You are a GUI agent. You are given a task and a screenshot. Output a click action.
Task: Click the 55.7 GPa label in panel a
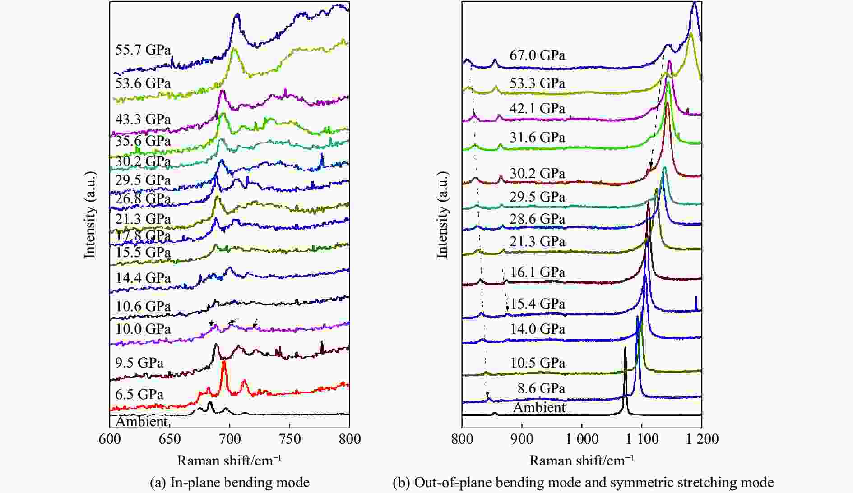[x=143, y=49]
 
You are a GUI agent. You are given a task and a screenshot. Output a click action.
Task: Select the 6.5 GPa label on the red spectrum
[x=139, y=394]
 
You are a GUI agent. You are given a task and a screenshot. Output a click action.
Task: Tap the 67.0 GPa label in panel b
[x=537, y=55]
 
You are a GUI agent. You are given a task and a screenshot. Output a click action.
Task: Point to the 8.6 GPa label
[x=541, y=388]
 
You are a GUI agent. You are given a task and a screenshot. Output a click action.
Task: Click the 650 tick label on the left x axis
[x=169, y=439]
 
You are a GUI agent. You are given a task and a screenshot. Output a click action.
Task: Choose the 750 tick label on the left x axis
[x=289, y=439]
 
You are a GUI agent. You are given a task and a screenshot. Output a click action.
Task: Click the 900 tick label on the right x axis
[x=522, y=439]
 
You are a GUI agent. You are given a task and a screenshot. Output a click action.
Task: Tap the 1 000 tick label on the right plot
[x=581, y=439]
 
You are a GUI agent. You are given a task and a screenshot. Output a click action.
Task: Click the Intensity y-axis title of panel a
[x=90, y=215]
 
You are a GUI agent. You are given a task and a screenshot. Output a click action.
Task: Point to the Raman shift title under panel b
[x=581, y=461]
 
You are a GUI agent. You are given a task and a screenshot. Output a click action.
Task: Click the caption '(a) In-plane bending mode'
[x=230, y=483]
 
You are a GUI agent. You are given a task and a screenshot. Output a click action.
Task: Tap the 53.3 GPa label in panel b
[x=537, y=83]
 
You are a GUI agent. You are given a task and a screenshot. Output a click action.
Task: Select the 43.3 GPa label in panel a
[x=143, y=119]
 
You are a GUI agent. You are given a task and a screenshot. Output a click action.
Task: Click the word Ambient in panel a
[x=142, y=421]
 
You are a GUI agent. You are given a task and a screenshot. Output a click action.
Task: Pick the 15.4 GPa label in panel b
[x=537, y=304]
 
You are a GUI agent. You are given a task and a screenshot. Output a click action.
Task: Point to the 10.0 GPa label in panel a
[x=143, y=328]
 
